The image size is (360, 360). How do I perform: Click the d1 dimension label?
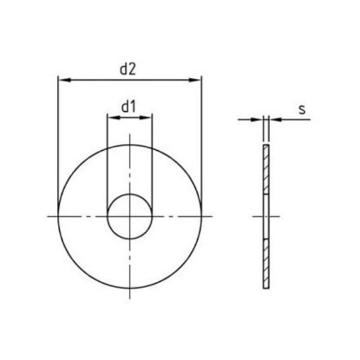[x=129, y=107]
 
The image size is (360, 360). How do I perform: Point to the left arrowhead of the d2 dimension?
[x=62, y=80]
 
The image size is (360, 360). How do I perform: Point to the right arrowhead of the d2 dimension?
[x=196, y=80]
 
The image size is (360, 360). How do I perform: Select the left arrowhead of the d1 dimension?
[x=111, y=119]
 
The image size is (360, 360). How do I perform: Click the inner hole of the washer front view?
[x=128, y=214]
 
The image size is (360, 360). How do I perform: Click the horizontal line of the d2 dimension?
[x=95, y=80]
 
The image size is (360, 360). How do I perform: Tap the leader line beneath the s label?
[x=295, y=119]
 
